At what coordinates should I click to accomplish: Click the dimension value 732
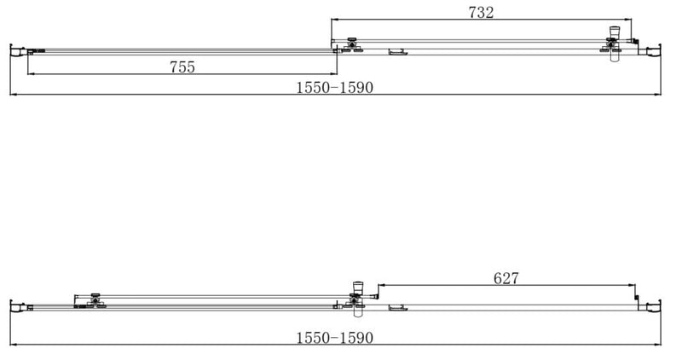pos(481,12)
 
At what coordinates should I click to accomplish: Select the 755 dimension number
pos(181,67)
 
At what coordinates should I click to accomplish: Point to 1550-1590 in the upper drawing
pos(335,88)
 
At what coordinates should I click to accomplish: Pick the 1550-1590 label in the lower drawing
pos(335,338)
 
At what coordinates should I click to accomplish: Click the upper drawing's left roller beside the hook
pos(351,45)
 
